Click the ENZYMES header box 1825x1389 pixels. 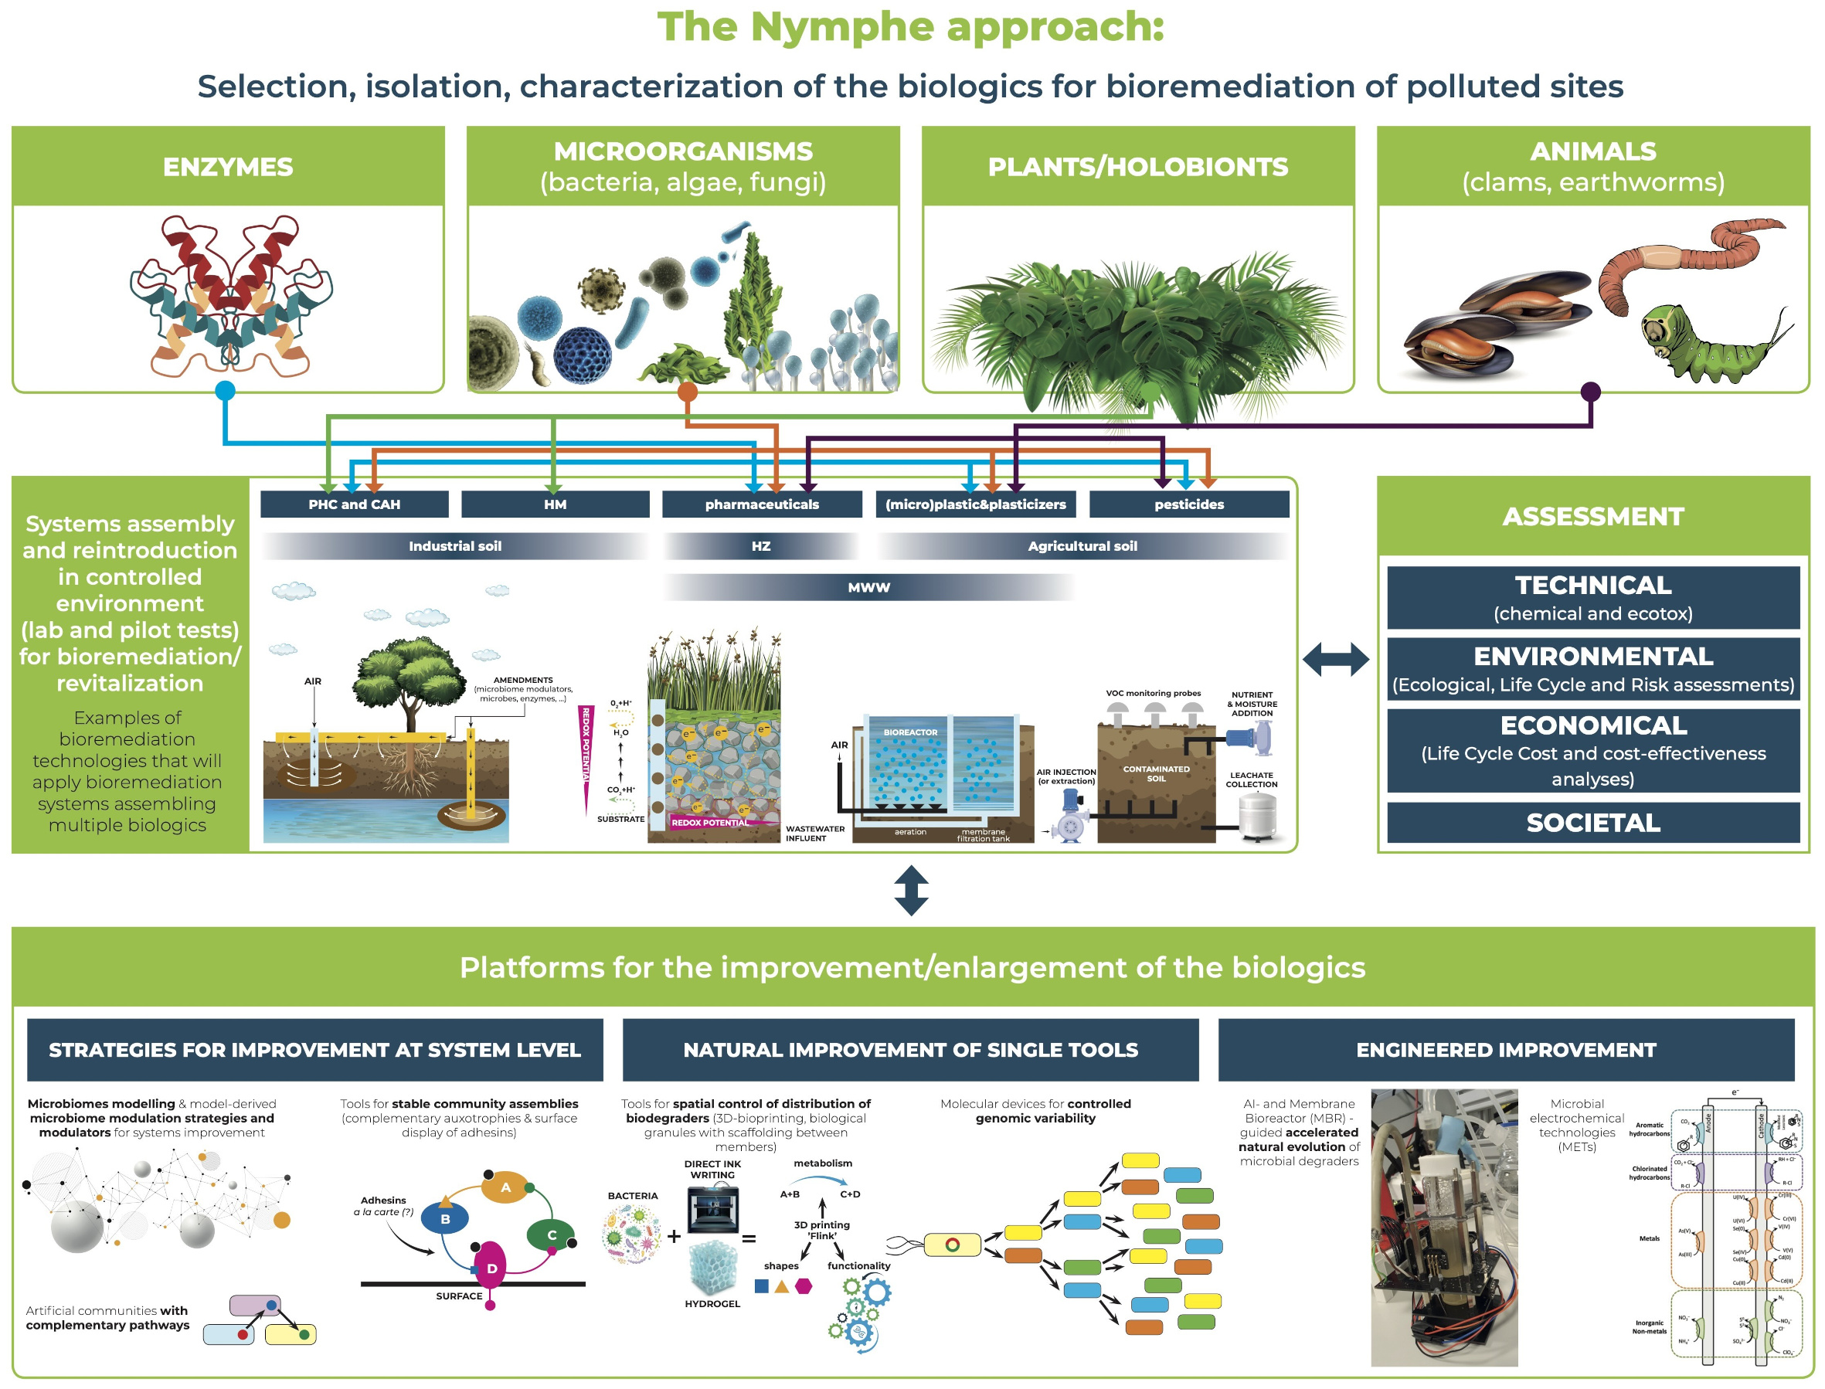pos(227,166)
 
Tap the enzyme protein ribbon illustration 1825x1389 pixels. pos(230,294)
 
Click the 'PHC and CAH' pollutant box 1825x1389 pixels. pos(354,504)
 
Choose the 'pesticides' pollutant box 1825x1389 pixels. pos(1188,504)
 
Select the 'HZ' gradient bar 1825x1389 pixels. pos(761,546)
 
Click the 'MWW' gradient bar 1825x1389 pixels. pos(868,588)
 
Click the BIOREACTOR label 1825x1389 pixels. pos(909,732)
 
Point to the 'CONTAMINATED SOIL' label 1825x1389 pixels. pos(1155,774)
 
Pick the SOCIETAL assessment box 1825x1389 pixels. pos(1592,824)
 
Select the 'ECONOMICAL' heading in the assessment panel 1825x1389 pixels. pos(1592,726)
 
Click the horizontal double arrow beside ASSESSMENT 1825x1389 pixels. pos(1334,660)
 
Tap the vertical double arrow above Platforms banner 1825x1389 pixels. pos(910,891)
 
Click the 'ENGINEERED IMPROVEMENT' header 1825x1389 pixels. pos(1505,1050)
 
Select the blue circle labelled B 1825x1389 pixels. pos(445,1219)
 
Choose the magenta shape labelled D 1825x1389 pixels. pos(491,1268)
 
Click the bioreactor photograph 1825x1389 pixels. pos(1444,1228)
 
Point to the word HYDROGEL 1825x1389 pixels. pos(712,1304)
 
